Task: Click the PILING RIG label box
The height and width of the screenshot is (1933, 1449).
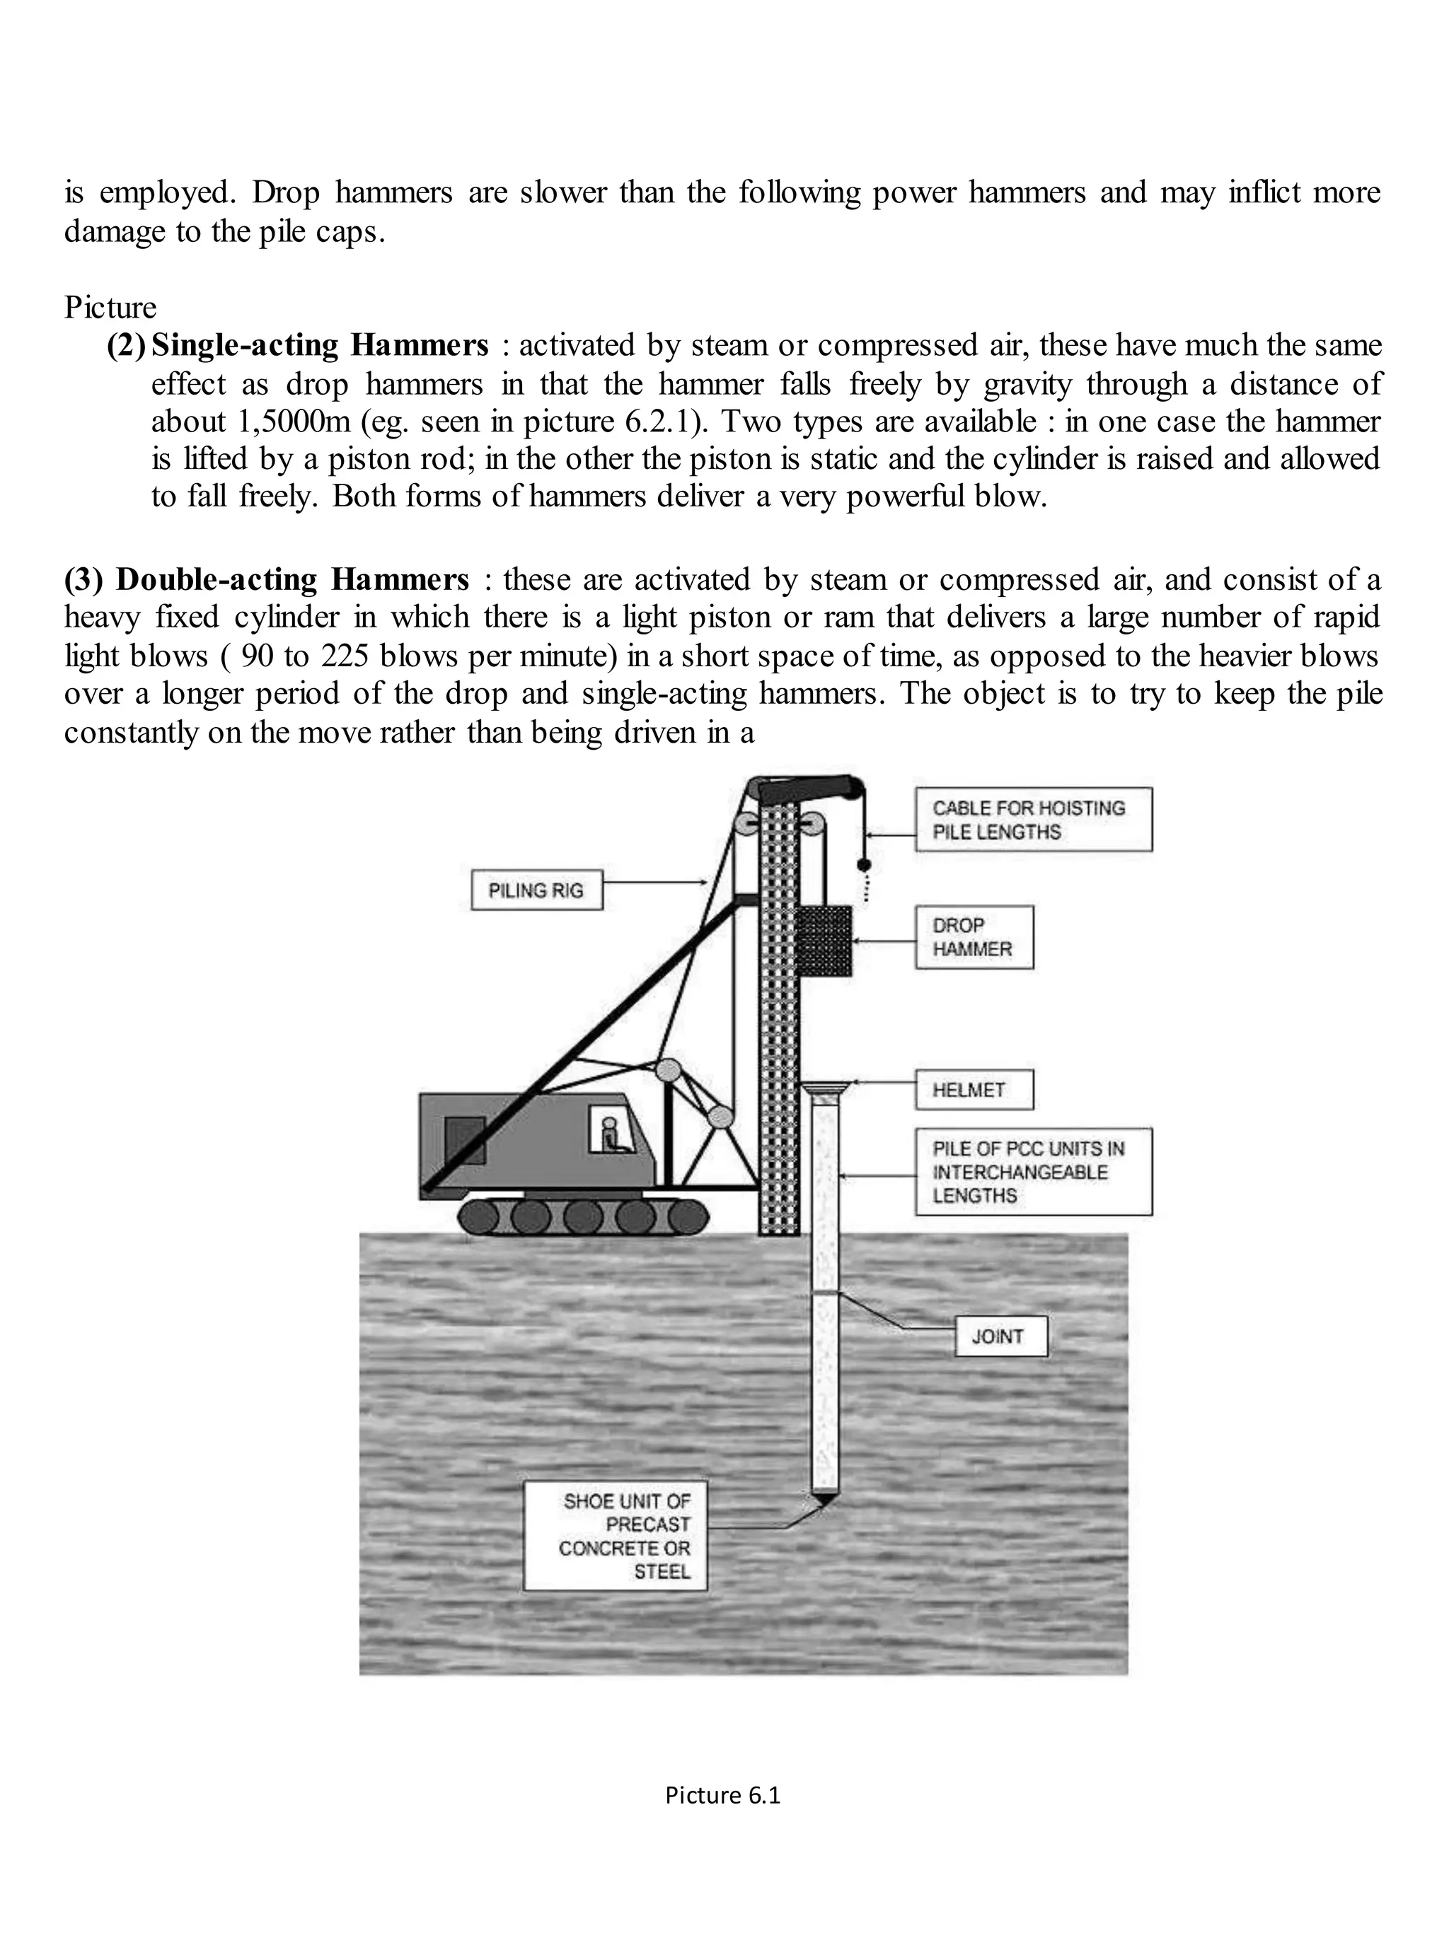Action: pyautogui.click(x=536, y=890)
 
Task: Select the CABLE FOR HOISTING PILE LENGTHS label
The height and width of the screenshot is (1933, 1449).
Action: pyautogui.click(x=1033, y=820)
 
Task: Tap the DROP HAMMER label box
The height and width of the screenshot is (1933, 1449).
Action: pyautogui.click(x=974, y=936)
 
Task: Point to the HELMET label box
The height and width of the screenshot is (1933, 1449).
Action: pyautogui.click(x=974, y=1090)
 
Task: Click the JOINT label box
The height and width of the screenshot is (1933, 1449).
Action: pyautogui.click(x=1000, y=1336)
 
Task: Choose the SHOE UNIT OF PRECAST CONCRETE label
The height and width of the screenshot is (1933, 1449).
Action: pyautogui.click(x=616, y=1536)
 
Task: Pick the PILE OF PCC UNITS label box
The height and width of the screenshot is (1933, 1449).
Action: pyautogui.click(x=1033, y=1172)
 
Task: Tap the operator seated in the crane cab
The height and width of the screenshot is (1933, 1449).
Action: pyautogui.click(x=611, y=1135)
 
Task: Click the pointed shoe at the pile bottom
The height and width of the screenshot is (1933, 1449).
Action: pyautogui.click(x=824, y=1499)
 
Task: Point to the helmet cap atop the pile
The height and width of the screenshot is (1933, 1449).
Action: pyautogui.click(x=824, y=1089)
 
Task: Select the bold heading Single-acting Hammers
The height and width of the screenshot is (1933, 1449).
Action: pyautogui.click(x=320, y=345)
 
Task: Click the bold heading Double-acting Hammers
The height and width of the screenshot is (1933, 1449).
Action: pyautogui.click(x=293, y=579)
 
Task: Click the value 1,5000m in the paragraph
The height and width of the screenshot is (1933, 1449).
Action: pyautogui.click(x=294, y=422)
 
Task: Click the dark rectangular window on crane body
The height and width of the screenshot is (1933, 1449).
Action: pyautogui.click(x=464, y=1140)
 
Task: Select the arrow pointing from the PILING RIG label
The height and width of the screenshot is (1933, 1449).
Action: pyautogui.click(x=654, y=883)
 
